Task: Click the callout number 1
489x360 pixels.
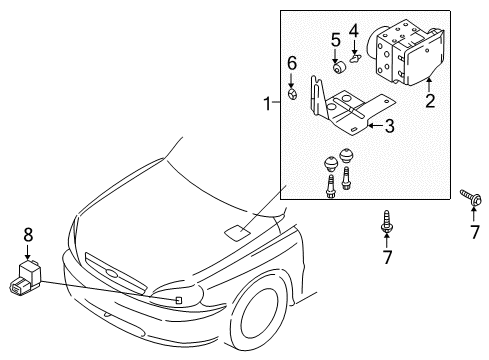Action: (268, 103)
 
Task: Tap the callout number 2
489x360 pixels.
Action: (430, 100)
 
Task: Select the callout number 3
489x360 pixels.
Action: (389, 126)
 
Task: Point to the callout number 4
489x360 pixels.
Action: (354, 31)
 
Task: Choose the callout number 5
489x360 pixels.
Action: (336, 40)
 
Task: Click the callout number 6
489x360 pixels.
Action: (292, 63)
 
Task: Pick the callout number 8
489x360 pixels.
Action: (28, 235)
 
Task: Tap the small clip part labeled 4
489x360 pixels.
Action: (354, 59)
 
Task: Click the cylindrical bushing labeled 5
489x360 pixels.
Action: (340, 68)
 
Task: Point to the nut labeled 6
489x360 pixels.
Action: (292, 94)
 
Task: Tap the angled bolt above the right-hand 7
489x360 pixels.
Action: (471, 197)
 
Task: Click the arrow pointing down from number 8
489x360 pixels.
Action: (28, 252)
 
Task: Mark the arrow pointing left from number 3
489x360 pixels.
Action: (375, 125)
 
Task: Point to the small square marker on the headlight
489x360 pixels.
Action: (179, 300)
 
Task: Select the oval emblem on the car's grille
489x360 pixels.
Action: (112, 274)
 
